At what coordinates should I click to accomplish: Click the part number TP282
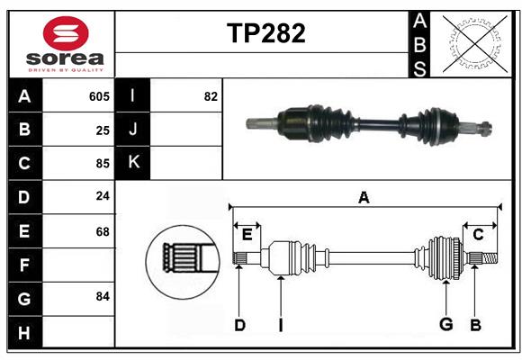tap(265, 33)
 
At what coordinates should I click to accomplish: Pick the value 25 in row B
tap(103, 130)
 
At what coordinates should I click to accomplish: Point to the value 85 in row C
tap(103, 164)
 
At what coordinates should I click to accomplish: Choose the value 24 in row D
tap(103, 197)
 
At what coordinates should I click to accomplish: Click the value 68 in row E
tap(103, 231)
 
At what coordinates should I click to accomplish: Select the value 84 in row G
tap(103, 296)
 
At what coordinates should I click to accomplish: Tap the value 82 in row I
tap(211, 96)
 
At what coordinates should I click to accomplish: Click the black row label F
tap(24, 265)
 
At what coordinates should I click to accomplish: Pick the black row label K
tap(133, 163)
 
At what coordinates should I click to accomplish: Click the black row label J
tap(133, 130)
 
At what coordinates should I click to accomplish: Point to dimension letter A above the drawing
tap(364, 198)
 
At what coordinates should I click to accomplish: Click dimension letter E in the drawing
tap(247, 235)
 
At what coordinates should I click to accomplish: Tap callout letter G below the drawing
tap(445, 325)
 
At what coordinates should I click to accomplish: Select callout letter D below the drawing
tap(239, 325)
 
